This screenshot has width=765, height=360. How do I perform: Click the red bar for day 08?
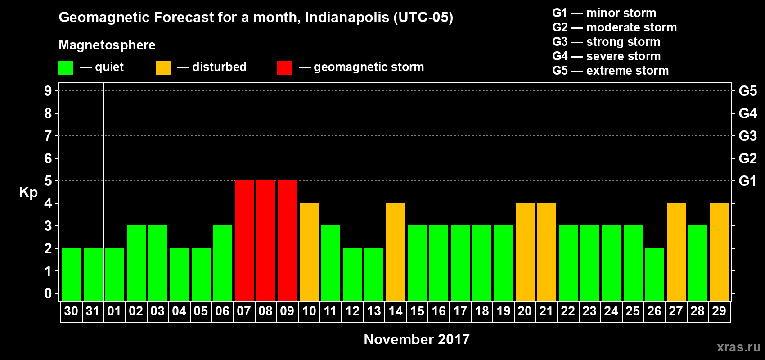click(265, 240)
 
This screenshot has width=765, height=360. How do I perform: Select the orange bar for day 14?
click(396, 252)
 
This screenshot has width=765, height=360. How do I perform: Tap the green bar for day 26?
click(654, 274)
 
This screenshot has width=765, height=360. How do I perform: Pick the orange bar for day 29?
click(719, 252)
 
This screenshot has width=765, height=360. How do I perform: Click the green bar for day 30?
click(72, 274)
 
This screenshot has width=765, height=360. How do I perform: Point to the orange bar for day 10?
click(309, 252)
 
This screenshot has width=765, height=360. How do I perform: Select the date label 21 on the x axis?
click(546, 311)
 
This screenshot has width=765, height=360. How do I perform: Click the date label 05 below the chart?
click(201, 311)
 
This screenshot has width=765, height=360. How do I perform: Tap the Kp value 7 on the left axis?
click(48, 136)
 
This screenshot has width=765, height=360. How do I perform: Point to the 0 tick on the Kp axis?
click(48, 294)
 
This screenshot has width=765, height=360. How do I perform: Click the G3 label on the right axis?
click(747, 136)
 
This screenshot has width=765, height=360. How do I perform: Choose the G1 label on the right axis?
click(747, 181)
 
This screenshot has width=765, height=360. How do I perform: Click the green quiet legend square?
click(66, 68)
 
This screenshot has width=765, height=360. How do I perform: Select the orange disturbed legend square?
click(163, 68)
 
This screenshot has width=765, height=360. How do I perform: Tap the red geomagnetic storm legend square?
click(284, 68)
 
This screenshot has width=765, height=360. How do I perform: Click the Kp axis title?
click(28, 193)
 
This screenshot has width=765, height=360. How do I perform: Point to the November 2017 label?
click(417, 339)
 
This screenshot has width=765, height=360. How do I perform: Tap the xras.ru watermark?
click(738, 347)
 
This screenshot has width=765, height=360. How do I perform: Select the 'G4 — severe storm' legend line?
click(606, 56)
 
